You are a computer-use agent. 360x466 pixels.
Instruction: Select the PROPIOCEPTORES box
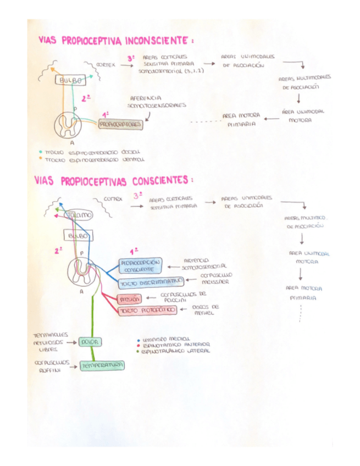point(120,124)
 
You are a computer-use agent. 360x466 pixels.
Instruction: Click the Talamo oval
point(80,215)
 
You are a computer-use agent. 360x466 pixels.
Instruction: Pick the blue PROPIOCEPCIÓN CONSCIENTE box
point(140,266)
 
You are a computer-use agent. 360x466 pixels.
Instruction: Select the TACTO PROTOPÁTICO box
point(147,310)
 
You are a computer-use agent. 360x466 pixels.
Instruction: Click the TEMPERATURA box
point(102,365)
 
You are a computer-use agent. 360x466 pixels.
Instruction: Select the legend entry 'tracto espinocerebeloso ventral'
point(93,160)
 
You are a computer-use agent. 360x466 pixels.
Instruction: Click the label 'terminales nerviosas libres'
point(51,341)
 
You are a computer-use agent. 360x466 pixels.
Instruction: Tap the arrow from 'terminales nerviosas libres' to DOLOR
point(71,342)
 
